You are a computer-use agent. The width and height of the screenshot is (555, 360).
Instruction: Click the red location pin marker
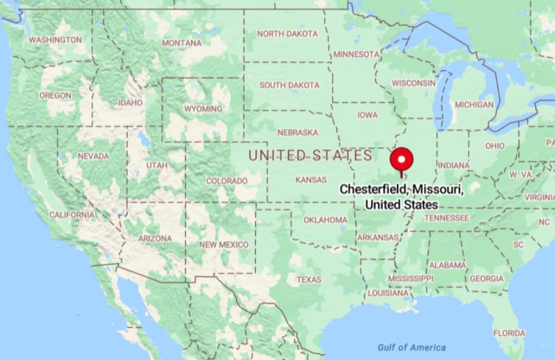point(402,159)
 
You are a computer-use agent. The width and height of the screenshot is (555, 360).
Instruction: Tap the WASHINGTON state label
point(55,40)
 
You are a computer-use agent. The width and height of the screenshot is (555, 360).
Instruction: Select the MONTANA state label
point(182,43)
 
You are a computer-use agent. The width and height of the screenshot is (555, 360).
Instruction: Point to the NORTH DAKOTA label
point(287,34)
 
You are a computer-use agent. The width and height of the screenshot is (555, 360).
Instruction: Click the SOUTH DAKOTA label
point(289,85)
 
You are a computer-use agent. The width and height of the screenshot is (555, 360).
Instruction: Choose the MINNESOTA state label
point(356,54)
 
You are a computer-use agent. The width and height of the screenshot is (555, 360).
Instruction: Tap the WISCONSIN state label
point(414,83)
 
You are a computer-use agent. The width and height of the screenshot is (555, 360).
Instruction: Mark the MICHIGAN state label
point(474,105)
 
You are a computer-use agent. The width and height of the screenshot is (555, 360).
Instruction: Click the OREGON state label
point(55,95)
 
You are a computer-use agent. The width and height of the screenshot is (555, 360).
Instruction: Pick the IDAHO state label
point(130,102)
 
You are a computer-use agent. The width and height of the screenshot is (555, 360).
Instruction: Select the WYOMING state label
point(203,108)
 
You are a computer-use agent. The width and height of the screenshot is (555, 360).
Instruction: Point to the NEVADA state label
point(93,156)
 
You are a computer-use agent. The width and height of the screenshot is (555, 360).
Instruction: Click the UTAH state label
point(157,165)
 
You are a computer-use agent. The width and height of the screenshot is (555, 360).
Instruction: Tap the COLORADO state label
point(227,181)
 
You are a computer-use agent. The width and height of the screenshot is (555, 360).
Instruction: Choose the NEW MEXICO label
point(223,245)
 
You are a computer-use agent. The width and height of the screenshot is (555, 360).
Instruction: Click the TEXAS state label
point(309,280)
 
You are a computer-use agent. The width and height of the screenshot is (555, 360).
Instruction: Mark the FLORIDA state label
point(509,333)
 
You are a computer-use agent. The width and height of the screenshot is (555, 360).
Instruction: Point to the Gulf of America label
point(412,348)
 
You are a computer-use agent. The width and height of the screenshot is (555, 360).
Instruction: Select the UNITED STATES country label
point(311,156)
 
